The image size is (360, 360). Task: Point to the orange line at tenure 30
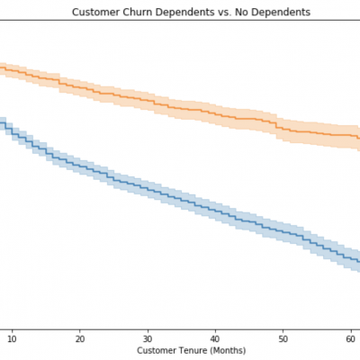(x=148, y=98)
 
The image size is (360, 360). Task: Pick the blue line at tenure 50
(x=283, y=231)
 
